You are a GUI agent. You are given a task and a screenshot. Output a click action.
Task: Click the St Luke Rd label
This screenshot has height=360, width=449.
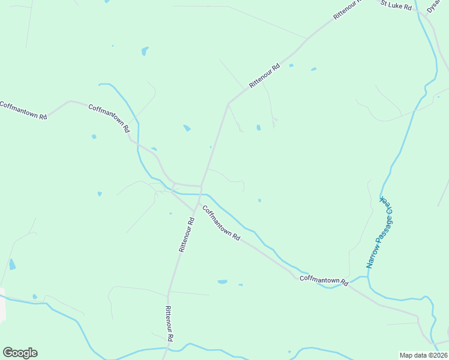[396, 5]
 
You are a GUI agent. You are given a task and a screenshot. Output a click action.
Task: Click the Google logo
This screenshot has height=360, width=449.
[20, 353]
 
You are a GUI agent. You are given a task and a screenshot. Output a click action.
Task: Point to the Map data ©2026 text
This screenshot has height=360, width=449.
[423, 355]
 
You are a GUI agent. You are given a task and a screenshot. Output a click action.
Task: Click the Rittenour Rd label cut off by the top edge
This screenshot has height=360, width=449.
[349, 10]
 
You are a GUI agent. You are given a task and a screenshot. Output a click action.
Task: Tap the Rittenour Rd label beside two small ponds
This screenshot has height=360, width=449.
[265, 76]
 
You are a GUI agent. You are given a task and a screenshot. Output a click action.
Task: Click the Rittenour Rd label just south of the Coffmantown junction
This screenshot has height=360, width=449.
[186, 234]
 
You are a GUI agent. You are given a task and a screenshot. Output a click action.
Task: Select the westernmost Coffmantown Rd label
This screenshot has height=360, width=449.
[23, 111]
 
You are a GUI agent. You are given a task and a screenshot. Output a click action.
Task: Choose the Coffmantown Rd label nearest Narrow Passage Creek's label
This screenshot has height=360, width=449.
[324, 279]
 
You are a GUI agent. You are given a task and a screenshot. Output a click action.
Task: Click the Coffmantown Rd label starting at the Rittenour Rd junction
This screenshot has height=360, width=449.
[221, 223]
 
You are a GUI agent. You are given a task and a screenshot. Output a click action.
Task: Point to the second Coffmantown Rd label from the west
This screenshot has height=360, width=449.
[109, 118]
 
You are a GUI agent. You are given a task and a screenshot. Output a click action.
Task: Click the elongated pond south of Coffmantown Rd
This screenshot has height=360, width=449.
[223, 281]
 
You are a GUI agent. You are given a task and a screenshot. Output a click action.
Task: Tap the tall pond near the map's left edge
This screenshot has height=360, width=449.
[12, 264]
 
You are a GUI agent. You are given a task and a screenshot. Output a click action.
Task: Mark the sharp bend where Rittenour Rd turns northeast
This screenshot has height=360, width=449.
[228, 104]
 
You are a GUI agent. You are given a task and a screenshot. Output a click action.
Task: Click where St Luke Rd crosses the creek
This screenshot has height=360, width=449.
[418, 10]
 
